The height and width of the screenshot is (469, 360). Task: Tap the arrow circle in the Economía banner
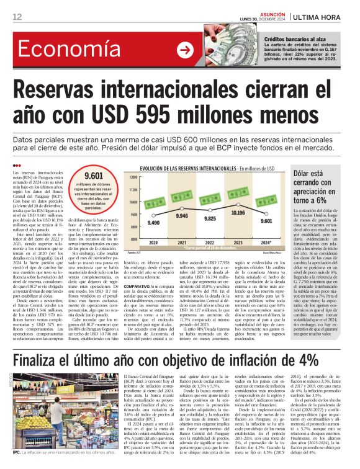click(185, 50)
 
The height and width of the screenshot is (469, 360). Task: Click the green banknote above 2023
click(238, 192)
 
